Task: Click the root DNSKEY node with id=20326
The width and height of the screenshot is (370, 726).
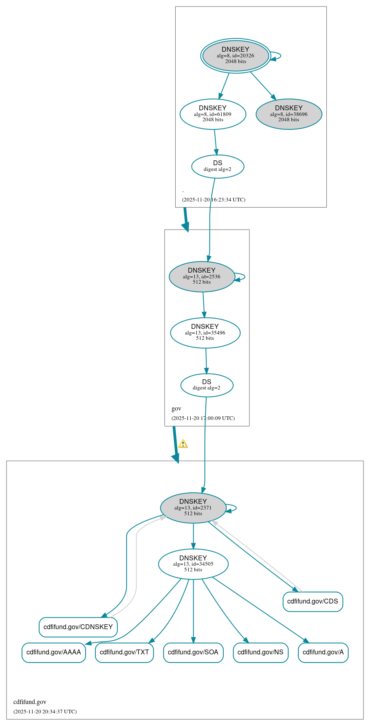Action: click(x=236, y=56)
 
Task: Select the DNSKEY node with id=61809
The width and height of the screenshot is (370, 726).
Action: click(x=213, y=114)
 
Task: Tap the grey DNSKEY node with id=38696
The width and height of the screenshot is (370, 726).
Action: click(x=289, y=114)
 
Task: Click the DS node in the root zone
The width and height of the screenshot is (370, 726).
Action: click(x=218, y=166)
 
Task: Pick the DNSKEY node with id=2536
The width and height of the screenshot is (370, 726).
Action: click(x=202, y=277)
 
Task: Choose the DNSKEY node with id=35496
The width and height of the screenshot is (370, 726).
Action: click(x=205, y=333)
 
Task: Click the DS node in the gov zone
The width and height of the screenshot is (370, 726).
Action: click(x=207, y=385)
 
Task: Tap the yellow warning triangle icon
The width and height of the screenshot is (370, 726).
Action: click(x=183, y=444)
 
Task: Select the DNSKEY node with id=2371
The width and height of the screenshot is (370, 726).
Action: click(x=193, y=508)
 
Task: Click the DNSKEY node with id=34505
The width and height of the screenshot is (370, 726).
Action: click(x=193, y=564)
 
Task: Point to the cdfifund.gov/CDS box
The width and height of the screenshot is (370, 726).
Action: click(x=313, y=601)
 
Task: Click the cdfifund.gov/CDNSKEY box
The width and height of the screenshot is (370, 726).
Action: click(x=78, y=627)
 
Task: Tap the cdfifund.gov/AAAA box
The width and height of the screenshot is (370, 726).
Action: click(x=54, y=652)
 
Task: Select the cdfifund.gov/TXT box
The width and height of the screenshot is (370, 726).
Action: click(x=124, y=652)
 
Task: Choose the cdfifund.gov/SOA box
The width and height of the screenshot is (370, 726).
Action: click(x=193, y=652)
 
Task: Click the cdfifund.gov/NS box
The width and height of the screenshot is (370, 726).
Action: click(x=260, y=652)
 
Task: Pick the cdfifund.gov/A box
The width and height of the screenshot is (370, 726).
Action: click(x=323, y=652)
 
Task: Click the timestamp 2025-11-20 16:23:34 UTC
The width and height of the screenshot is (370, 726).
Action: click(x=214, y=200)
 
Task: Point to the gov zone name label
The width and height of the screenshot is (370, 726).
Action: click(x=176, y=409)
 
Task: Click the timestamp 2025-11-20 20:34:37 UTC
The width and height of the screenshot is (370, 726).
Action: click(x=45, y=712)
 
